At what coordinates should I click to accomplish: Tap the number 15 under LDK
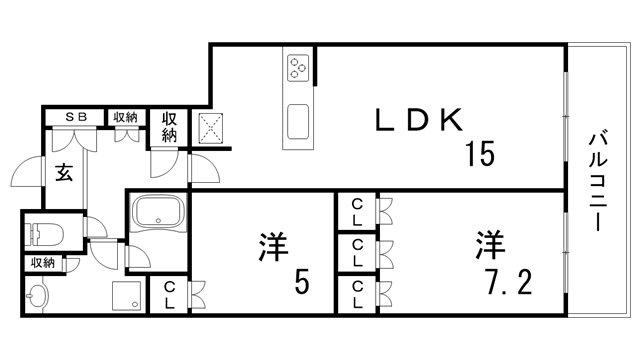pos(480,155)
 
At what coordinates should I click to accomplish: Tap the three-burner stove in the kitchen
pos(299,68)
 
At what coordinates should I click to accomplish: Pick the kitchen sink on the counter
pos(299,126)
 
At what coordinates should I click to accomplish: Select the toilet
pos(46,234)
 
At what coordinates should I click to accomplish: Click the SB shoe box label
pos(76,117)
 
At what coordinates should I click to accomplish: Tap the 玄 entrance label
pos(63,172)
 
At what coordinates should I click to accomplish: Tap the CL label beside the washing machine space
pos(169,294)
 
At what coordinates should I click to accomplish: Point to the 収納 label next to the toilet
pos(42,263)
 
